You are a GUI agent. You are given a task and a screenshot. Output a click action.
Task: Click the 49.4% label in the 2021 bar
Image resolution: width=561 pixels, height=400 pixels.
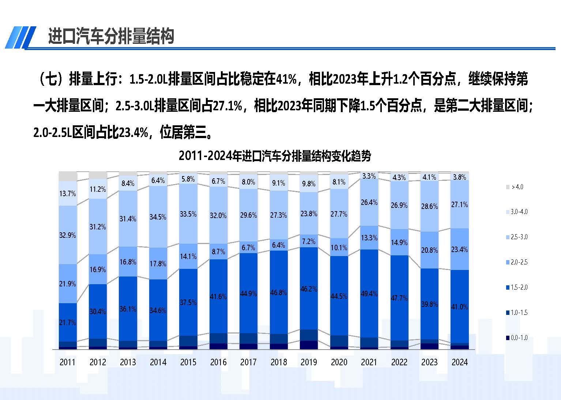pos(369,294)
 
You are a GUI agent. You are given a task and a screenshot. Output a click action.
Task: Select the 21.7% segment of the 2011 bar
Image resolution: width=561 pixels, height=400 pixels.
pos(68,322)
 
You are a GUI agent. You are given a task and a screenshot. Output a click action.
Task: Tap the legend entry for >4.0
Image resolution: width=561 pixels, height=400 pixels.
pos(515,187)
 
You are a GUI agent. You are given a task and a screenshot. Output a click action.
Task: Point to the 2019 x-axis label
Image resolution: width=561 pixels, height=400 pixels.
pos(309,362)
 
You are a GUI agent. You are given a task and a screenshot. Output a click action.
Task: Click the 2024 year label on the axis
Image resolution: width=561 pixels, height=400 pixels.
pos(459,362)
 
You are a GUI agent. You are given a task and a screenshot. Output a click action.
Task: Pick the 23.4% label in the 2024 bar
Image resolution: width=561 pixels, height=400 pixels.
pos(459,249)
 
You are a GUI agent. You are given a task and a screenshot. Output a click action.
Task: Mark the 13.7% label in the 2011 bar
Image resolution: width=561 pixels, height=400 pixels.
pos(68,194)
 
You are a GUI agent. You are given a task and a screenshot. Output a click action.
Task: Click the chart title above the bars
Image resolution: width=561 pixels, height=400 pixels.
pos(275,156)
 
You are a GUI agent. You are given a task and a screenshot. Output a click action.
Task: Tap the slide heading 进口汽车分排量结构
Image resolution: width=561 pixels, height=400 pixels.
pos(111,37)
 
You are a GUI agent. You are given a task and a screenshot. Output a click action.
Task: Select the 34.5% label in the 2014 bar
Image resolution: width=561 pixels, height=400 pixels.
pos(158,217)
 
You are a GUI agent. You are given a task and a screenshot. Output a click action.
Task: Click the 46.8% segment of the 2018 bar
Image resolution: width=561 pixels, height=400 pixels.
pos(279,293)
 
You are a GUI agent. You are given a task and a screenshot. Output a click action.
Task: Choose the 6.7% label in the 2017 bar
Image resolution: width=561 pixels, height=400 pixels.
pos(248,248)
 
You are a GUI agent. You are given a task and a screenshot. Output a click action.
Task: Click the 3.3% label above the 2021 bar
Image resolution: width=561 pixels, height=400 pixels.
pos(369,176)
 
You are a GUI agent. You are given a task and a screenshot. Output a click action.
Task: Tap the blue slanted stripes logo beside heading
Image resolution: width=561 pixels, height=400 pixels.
pos(20,37)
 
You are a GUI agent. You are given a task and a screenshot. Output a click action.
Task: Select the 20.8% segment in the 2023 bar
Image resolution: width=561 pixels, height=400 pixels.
pos(429,250)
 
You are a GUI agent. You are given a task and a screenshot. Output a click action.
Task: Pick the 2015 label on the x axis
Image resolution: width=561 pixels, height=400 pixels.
pos(188,362)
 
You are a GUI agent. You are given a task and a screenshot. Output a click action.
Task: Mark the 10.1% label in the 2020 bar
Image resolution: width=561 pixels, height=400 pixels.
pos(339,248)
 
